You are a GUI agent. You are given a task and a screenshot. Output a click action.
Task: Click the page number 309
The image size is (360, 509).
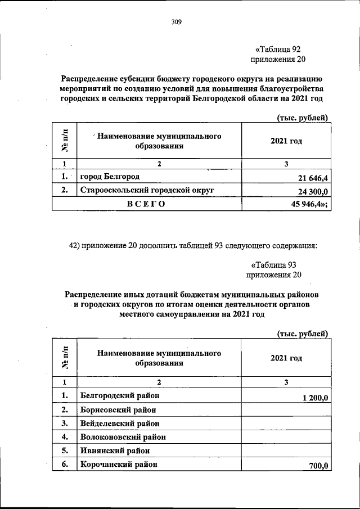point(177,22)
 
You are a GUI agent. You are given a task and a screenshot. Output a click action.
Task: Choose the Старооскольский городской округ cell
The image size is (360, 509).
point(147,191)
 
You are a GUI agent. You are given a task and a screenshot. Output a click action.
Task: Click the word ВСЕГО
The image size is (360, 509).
point(146,205)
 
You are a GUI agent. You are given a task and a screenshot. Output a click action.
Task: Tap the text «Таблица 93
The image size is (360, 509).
point(273,265)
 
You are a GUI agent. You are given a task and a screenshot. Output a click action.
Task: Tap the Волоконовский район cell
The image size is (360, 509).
point(123,436)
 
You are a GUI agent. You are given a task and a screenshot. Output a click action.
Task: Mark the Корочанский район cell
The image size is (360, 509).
point(118,464)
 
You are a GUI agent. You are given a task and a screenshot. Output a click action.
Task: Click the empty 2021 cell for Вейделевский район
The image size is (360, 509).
point(286,423)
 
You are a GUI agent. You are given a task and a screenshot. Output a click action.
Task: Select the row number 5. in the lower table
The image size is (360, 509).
point(65,451)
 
